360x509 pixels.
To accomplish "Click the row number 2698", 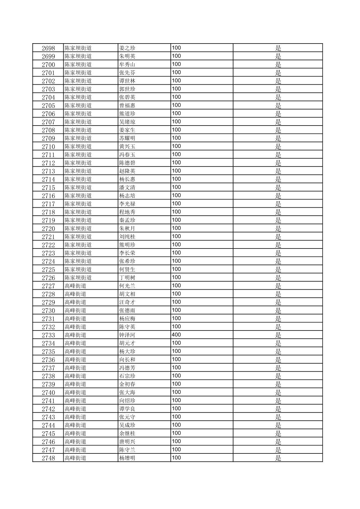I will point(48,48).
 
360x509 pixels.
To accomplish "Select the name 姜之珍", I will point(127,48).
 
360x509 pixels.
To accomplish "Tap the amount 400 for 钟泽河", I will point(176,335).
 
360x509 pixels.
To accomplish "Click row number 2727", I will point(48,286).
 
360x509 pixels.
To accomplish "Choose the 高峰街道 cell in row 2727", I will point(75,286).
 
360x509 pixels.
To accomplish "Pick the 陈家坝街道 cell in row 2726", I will point(78,278).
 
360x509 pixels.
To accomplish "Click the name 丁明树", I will point(127,278).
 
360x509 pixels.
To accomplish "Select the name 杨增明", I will point(127,458).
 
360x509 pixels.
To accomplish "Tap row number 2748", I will point(48,458).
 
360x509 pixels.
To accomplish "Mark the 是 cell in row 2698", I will point(278,48).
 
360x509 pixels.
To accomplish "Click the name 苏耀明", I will point(127,138).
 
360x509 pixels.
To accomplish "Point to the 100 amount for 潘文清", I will point(176,187).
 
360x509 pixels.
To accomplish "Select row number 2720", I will point(48,228).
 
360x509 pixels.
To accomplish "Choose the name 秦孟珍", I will point(127,220).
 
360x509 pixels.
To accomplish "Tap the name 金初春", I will point(127,384).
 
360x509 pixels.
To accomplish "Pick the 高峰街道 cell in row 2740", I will point(75,392).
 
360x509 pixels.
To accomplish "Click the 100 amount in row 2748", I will point(176,458).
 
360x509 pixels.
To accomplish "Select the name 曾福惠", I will point(127,105).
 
